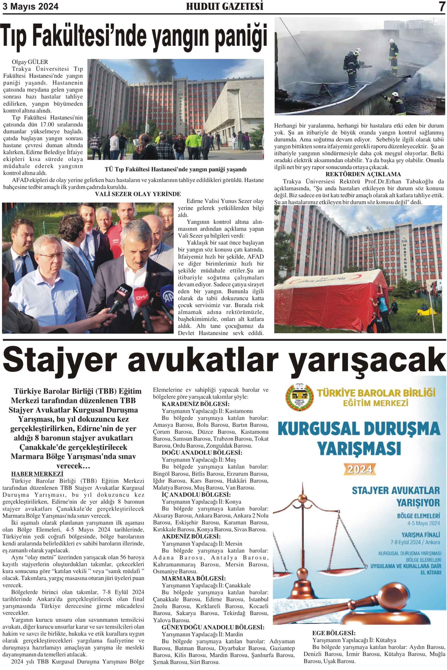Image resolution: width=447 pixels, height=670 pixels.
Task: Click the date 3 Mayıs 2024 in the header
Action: pyautogui.click(x=30, y=6)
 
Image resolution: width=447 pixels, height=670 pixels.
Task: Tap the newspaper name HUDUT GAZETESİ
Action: pyautogui.click(x=225, y=6)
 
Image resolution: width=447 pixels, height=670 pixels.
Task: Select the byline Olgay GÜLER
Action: pyautogui.click(x=30, y=62)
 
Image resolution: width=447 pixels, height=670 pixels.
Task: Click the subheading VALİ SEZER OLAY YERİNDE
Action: pyautogui.click(x=138, y=194)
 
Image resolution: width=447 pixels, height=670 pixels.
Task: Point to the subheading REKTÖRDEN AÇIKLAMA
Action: pyautogui.click(x=363, y=174)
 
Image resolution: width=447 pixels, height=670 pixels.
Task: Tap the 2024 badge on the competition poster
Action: pyautogui.click(x=360, y=469)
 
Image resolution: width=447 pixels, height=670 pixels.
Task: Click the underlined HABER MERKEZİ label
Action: pyautogui.click(x=37, y=474)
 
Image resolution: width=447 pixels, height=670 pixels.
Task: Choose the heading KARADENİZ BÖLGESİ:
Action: pyautogui.click(x=195, y=404)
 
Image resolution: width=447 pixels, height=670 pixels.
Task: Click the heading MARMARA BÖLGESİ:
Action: pyautogui.click(x=193, y=579)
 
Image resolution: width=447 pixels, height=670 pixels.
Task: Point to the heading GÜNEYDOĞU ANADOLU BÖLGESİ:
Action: pyautogui.click(x=213, y=627)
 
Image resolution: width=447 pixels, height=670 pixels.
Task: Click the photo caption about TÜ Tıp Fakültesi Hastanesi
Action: pyautogui.click(x=175, y=170)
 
